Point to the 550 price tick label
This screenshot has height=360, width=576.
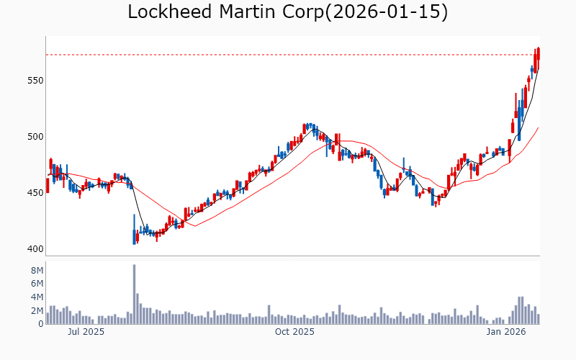point(32,81)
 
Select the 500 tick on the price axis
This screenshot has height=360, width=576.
point(32,137)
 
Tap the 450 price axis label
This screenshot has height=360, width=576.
point(32,193)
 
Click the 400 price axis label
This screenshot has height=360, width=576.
point(32,249)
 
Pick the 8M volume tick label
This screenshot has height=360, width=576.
point(35,270)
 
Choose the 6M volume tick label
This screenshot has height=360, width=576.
point(35,284)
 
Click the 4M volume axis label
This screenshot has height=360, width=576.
point(35,297)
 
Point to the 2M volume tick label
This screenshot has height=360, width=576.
point(35,310)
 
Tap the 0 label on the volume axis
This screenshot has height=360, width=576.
point(40,324)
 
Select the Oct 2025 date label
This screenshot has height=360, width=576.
point(295,332)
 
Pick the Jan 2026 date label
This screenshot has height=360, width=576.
point(505,332)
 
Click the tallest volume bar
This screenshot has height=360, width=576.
point(134,294)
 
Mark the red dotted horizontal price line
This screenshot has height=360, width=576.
point(288,55)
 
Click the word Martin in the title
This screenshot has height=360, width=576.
point(252,12)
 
